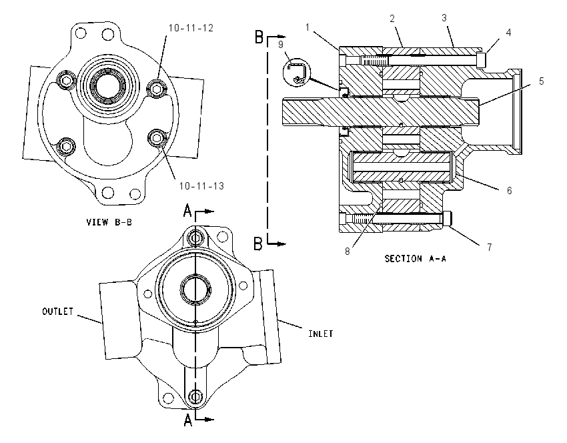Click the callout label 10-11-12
click(191, 28)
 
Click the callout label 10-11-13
click(201, 186)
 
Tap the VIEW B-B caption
click(109, 221)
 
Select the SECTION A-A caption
click(415, 259)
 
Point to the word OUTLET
click(58, 312)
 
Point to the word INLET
click(321, 334)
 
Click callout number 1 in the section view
click(308, 27)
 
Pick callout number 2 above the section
click(392, 19)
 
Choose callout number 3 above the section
click(444, 18)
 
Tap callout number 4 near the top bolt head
click(508, 32)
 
